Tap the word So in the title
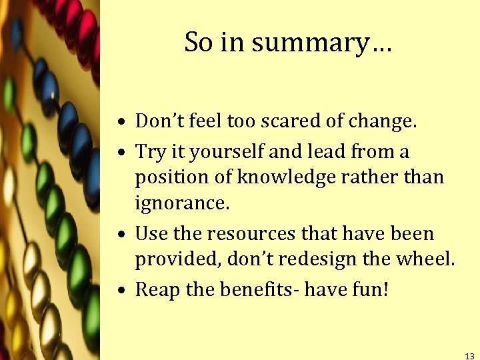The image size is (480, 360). [198, 42]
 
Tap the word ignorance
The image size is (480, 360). [181, 203]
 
